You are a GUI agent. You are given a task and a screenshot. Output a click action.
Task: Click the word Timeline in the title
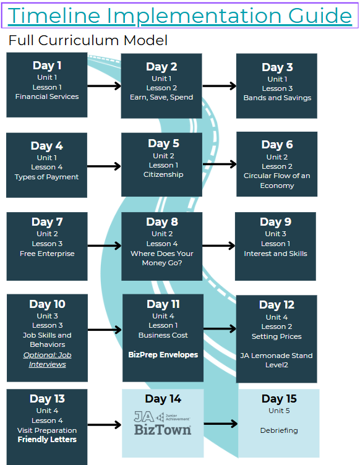click(x=54, y=15)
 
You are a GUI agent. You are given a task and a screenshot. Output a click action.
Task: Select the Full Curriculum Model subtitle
click(x=88, y=40)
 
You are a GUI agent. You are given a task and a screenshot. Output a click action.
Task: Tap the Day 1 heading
click(x=47, y=66)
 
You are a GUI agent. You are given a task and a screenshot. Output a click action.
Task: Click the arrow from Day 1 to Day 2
click(x=104, y=86)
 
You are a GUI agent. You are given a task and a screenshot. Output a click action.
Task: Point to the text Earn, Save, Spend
click(x=161, y=97)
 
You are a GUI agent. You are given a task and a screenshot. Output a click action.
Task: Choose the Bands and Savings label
click(x=277, y=98)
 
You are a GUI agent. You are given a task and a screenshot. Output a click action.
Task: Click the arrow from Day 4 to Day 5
click(x=104, y=166)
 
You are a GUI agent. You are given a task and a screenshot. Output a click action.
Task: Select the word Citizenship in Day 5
click(x=163, y=174)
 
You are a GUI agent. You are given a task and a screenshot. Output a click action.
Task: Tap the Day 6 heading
click(x=277, y=145)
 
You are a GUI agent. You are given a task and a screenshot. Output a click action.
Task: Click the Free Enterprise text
click(x=47, y=254)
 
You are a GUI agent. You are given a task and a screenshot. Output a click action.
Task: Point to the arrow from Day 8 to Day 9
click(x=219, y=245)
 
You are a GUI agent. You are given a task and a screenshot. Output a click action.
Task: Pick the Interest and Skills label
click(x=275, y=254)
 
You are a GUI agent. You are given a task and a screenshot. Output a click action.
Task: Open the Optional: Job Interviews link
click(x=48, y=360)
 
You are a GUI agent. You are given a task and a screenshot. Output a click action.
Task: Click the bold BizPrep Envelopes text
click(x=163, y=355)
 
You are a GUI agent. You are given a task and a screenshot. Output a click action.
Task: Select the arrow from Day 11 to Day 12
click(x=220, y=328)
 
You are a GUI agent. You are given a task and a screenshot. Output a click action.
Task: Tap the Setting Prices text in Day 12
click(x=276, y=336)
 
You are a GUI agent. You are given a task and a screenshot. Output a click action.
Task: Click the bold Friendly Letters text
click(x=47, y=440)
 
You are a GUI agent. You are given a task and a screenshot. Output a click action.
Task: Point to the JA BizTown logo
click(x=163, y=423)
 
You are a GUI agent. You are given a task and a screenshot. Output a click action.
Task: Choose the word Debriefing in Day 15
click(x=279, y=430)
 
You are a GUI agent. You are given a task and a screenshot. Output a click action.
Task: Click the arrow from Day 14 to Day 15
click(x=221, y=424)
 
